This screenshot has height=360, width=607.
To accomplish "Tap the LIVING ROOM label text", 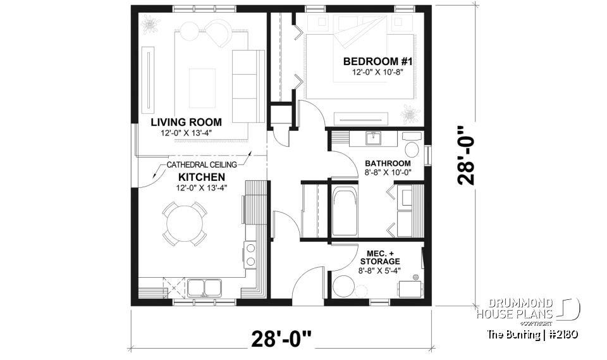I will (x=186, y=122).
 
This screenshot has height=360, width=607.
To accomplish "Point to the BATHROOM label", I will (x=388, y=163).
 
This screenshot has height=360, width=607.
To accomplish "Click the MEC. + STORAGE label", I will (x=379, y=257).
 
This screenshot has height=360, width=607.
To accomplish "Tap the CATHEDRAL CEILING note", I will (x=202, y=165).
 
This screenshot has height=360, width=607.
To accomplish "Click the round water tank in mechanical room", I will (x=345, y=287).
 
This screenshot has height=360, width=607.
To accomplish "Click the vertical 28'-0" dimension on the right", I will (x=467, y=154).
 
